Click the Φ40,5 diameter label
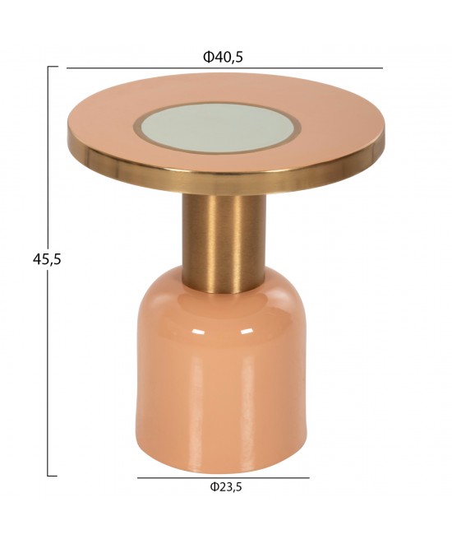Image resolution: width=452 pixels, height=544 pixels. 223,57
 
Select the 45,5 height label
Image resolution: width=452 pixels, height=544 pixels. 47,258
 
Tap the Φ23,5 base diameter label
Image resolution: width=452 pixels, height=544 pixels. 225,487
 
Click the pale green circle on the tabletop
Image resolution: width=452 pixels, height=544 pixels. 216,127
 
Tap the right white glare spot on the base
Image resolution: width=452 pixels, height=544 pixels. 246,332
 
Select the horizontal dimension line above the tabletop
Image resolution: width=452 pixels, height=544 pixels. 225,68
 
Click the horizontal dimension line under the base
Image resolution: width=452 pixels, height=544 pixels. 224,477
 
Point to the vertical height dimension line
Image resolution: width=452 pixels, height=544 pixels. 48,271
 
